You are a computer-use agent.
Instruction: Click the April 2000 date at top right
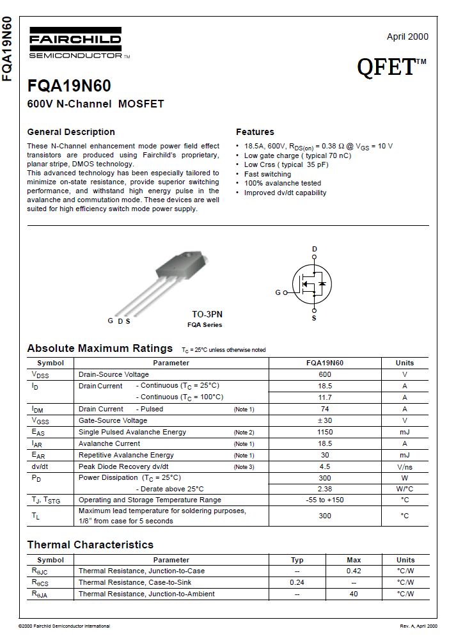[407, 36]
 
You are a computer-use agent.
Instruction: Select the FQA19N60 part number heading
[69, 86]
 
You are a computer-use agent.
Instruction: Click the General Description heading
[71, 132]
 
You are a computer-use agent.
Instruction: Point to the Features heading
[255, 132]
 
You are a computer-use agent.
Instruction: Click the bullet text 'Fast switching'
[267, 174]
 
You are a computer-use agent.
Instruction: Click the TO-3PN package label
[207, 314]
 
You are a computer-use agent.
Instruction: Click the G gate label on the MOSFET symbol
[278, 292]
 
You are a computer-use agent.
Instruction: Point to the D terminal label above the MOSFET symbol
[314, 248]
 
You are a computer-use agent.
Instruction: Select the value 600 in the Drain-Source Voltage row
[325, 374]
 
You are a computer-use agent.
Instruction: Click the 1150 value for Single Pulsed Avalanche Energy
[325, 432]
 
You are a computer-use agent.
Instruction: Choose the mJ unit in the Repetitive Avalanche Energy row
[404, 455]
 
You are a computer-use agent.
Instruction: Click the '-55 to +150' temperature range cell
[325, 500]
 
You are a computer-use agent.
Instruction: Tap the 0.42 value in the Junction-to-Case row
[354, 571]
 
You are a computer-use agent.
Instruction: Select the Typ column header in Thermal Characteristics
[297, 560]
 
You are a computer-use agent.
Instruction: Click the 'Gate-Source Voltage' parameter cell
[113, 420]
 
